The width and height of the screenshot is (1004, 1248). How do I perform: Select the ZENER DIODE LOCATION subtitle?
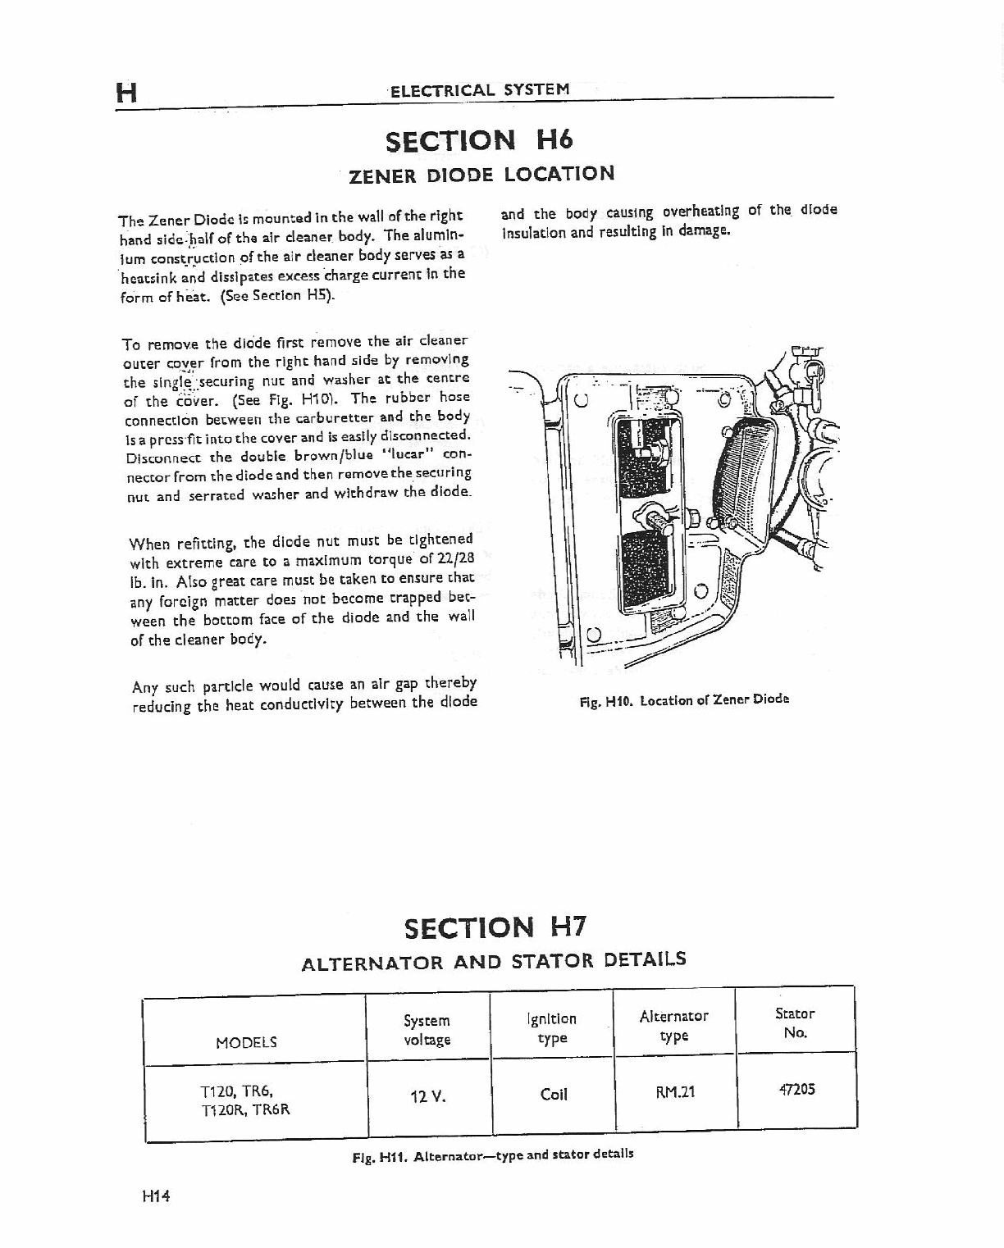coord(481,175)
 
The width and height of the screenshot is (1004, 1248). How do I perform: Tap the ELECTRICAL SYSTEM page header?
coord(480,89)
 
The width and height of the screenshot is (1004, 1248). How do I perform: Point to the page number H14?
coord(154,1196)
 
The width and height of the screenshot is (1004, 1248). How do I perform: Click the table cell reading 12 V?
coord(427,1095)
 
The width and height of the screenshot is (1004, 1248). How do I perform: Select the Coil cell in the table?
coord(554,1094)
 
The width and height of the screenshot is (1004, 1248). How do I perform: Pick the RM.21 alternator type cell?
coord(675,1092)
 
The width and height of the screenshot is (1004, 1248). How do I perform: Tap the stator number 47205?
coord(795,1090)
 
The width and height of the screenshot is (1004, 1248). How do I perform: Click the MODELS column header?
coord(246,1043)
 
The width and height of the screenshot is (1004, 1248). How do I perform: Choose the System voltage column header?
coord(427,1031)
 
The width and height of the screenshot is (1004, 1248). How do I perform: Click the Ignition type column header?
coord(552,1028)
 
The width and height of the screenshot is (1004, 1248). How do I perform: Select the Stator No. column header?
coord(795,1023)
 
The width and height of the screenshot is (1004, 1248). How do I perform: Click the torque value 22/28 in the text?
coord(456,559)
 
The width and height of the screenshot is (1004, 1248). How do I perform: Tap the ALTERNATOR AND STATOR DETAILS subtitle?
coord(494,961)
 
